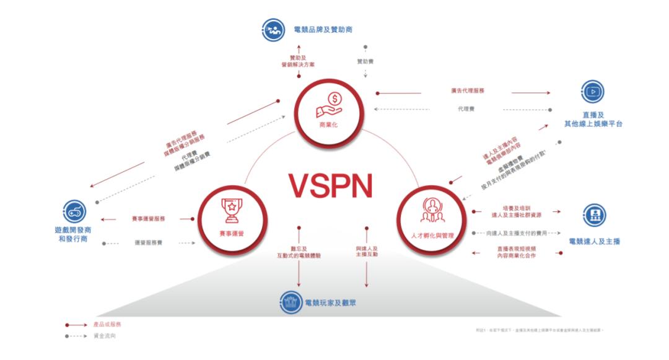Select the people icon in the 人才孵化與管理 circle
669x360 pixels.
coord(431,209)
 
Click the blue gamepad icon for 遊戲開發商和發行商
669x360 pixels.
coord(75,212)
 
